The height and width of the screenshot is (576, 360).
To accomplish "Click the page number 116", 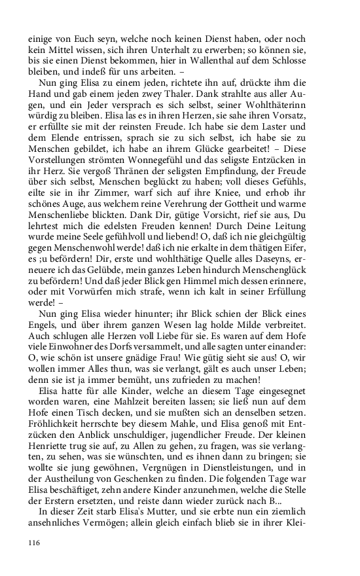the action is coord(35,543).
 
